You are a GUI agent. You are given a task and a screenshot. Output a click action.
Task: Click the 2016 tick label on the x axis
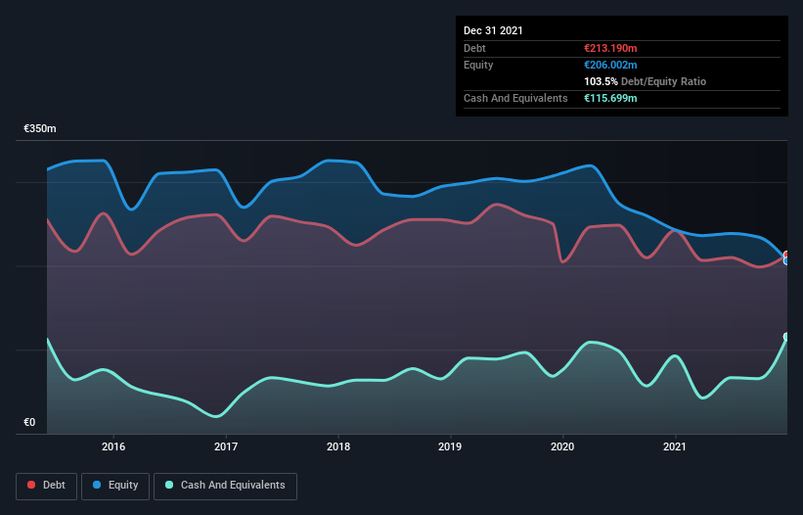[x=113, y=446]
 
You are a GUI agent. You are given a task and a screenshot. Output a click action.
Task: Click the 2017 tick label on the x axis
[x=226, y=446]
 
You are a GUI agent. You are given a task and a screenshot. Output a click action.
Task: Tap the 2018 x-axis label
[x=338, y=446]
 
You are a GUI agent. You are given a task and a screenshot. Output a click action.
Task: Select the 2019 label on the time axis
[x=450, y=446]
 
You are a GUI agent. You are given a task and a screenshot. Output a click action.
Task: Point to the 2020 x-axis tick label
[x=562, y=446]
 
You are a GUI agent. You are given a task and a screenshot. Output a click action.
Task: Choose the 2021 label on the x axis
[x=675, y=446]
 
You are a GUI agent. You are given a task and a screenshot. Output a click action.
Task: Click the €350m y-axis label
[x=40, y=129]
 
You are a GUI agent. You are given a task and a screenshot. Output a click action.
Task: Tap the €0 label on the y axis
[x=29, y=423]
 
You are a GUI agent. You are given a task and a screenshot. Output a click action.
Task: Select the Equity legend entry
[x=115, y=485]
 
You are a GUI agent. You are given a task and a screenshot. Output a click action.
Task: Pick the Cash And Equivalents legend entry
[x=225, y=485]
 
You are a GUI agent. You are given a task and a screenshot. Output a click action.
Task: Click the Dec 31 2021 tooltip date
[x=493, y=30]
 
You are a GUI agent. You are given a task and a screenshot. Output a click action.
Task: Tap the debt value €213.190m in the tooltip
[x=610, y=48]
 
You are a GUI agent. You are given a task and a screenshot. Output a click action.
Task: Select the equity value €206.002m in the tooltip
[x=610, y=65]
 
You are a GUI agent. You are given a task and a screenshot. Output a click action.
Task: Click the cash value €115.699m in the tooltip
[x=610, y=98]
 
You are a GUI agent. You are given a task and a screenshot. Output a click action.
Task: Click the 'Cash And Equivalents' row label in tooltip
[x=515, y=98]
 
